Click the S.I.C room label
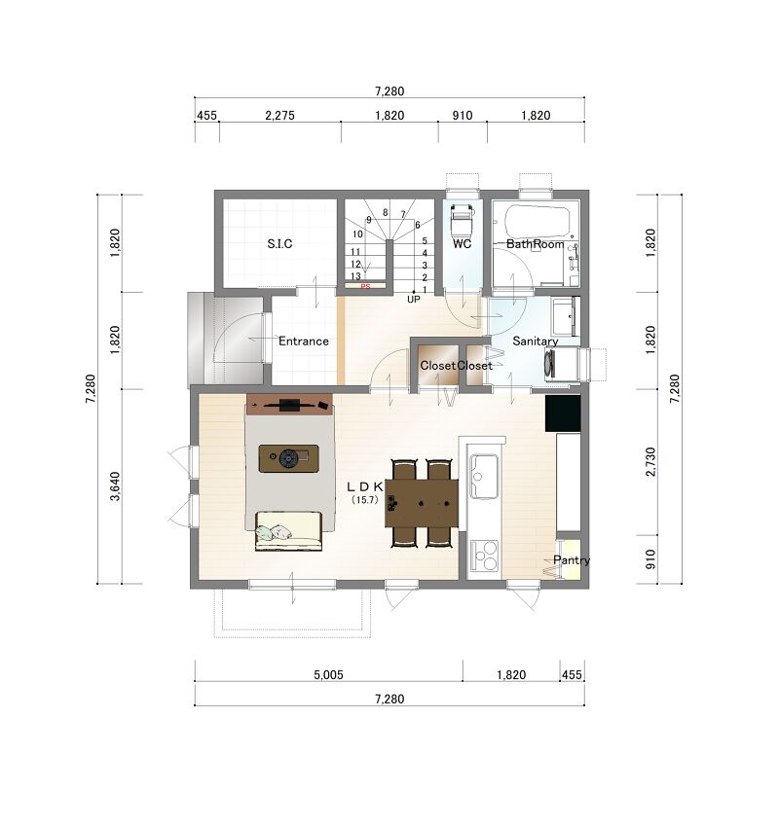coord(279,243)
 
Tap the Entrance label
coord(304,342)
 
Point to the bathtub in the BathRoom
coord(538,223)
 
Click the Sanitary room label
coord(536,342)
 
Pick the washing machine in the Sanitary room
coord(563,364)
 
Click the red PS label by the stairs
coord(365,287)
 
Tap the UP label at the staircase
coord(413,299)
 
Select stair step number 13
coord(355,276)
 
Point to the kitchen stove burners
coord(484,556)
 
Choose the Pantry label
coord(571,560)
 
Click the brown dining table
coord(422,503)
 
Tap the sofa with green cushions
coord(288,530)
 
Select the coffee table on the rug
coord(288,458)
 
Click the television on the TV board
coord(289,405)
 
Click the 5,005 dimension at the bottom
coord(328,674)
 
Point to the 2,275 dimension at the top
coord(279,116)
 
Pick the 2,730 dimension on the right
coord(650,462)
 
